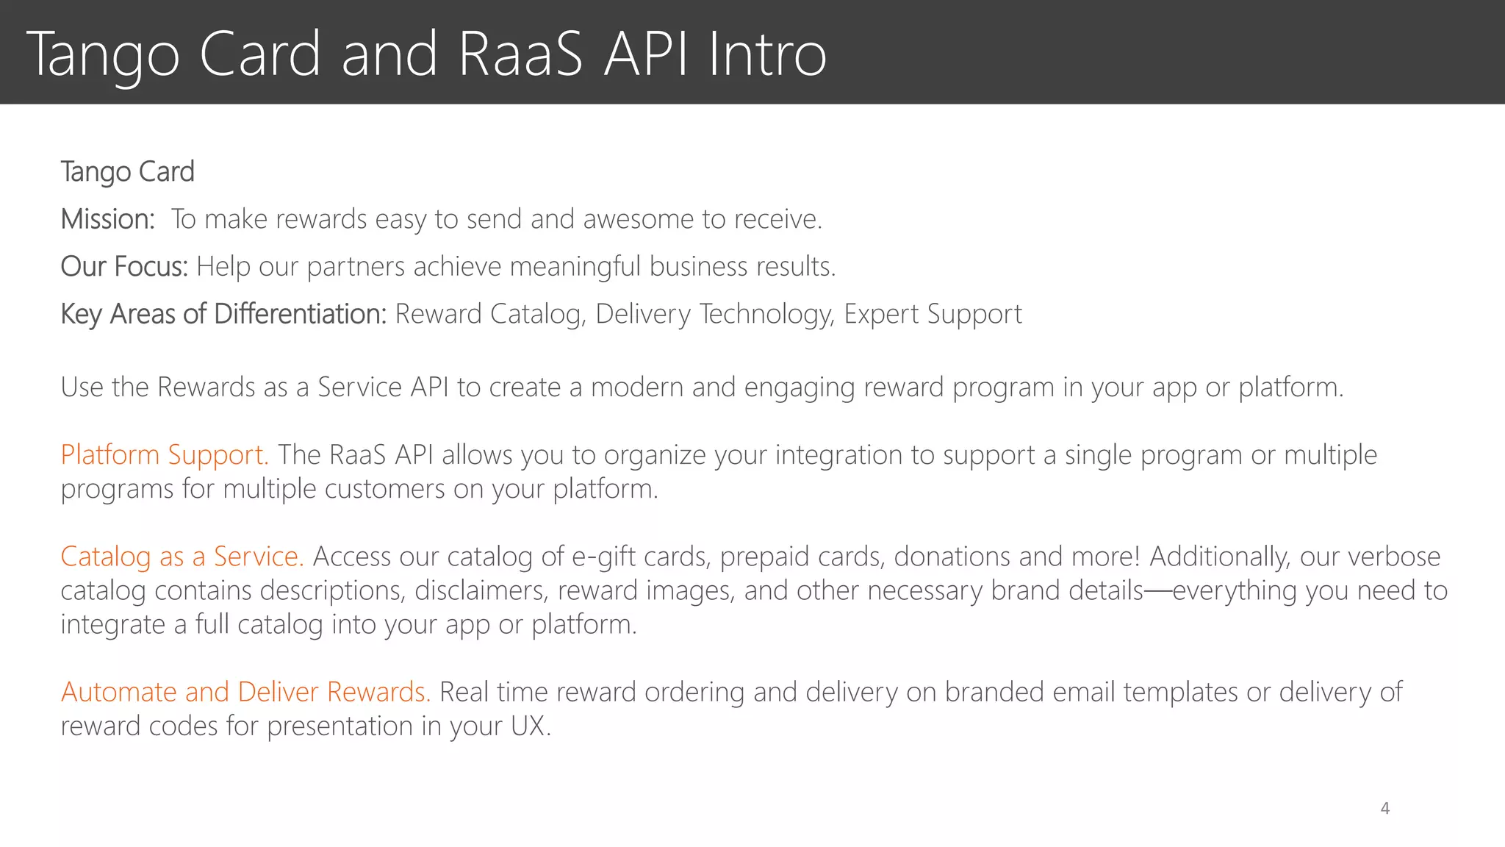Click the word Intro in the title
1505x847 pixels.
click(767, 54)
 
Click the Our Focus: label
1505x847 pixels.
click(124, 266)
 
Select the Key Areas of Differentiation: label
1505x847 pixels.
click(223, 314)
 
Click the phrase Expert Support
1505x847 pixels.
click(933, 314)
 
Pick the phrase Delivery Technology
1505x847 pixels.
click(715, 314)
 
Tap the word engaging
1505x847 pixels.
click(799, 387)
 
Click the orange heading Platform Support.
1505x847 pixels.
click(164, 455)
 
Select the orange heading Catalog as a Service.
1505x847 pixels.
click(182, 557)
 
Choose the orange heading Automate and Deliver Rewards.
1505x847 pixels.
click(245, 692)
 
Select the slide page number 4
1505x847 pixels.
click(1384, 809)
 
